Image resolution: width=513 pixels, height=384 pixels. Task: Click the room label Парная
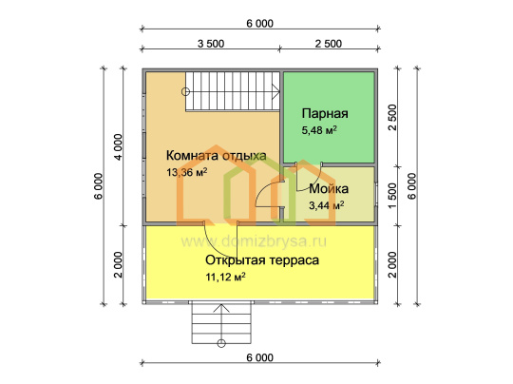click(325, 114)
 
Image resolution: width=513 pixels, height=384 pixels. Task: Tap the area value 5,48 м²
click(319, 130)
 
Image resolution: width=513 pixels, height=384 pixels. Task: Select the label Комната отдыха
click(217, 156)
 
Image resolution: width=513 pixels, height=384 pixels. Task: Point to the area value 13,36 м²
click(186, 172)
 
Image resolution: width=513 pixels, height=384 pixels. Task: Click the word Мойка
click(329, 189)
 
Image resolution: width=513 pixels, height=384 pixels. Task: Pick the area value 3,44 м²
click(326, 205)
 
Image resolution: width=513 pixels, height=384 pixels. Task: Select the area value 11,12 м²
click(225, 277)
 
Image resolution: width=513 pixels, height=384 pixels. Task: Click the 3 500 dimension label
click(211, 44)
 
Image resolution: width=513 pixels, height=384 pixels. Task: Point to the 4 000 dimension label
click(118, 146)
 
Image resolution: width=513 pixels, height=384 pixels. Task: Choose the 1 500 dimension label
click(392, 196)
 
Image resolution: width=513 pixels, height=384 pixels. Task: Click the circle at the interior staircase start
click(185, 92)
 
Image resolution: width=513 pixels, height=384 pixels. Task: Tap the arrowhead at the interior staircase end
click(276, 91)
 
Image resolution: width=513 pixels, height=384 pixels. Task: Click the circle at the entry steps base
click(221, 343)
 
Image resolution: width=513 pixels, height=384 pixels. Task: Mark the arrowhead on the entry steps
click(221, 308)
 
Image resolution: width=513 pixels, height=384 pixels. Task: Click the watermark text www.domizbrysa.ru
click(254, 241)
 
